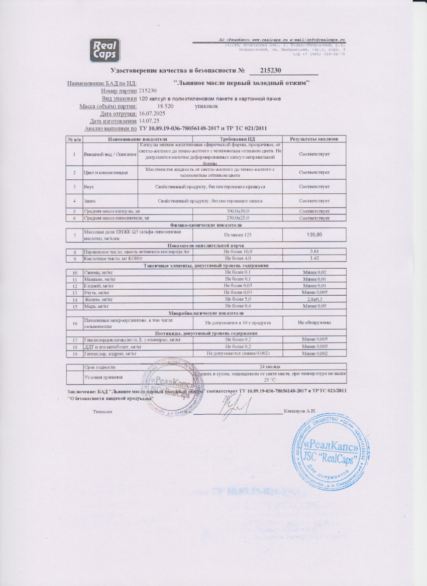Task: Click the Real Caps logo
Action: point(104,50)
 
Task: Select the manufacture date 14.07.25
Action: point(149,121)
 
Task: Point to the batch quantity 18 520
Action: point(165,106)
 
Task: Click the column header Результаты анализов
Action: point(314,139)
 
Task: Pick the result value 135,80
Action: point(314,235)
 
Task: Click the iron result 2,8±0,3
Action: point(314,299)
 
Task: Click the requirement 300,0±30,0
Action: point(238,211)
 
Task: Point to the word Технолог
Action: point(103,411)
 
